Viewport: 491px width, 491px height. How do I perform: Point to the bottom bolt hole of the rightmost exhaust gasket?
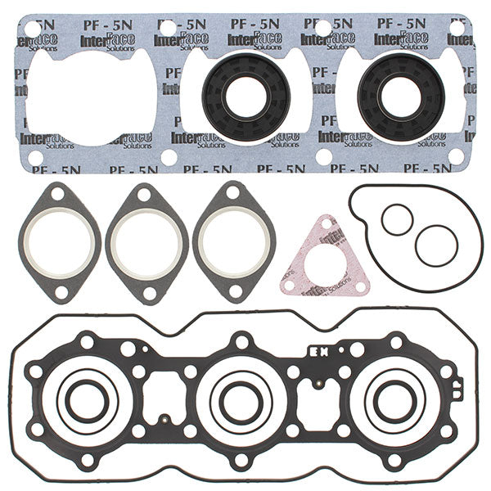point(235,291)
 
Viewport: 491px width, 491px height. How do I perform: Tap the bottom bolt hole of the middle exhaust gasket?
point(147,291)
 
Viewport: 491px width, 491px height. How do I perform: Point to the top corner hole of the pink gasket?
point(327,226)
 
